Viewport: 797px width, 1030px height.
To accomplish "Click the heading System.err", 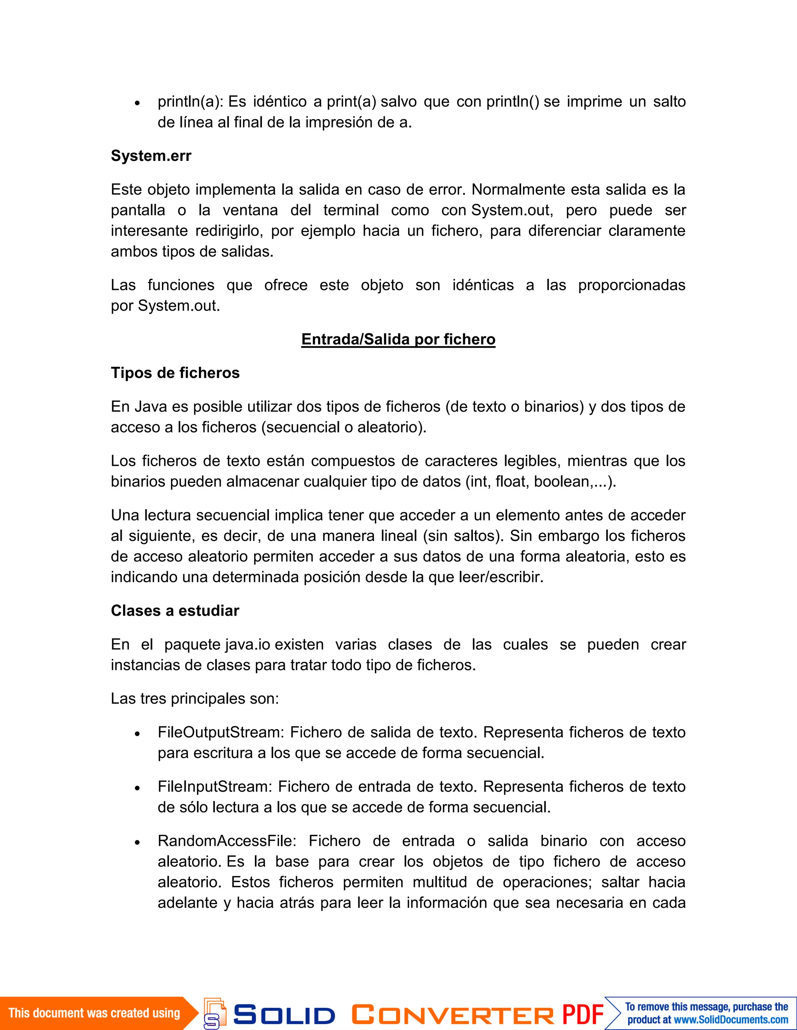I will (x=151, y=156).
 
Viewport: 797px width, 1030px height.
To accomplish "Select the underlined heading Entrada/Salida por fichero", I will (x=398, y=339).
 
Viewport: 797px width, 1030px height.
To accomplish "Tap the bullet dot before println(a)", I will (x=137, y=103).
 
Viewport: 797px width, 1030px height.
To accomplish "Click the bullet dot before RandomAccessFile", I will (x=137, y=842).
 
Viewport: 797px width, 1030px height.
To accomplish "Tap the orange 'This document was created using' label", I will (x=94, y=1012).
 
